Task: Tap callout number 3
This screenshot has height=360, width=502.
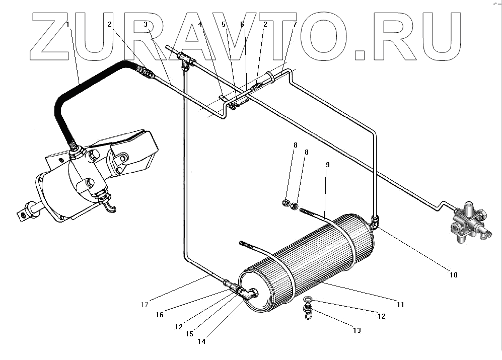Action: coord(145,24)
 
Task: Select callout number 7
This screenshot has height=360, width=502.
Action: coord(295,24)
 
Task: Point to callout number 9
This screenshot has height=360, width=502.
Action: coord(327,165)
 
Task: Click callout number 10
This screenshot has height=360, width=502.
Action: coord(453,275)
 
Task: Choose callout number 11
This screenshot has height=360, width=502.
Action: coord(401,305)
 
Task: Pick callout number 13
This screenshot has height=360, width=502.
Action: coord(356,331)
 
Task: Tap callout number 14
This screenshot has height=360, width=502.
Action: coord(201,341)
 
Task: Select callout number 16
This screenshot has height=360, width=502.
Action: coord(160,315)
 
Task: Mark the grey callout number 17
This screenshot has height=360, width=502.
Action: coord(145,304)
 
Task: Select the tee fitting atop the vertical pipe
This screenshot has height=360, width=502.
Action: coord(187,62)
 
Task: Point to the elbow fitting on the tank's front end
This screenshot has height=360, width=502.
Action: coord(248,293)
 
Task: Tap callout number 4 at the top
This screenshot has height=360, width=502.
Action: coord(200,24)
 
